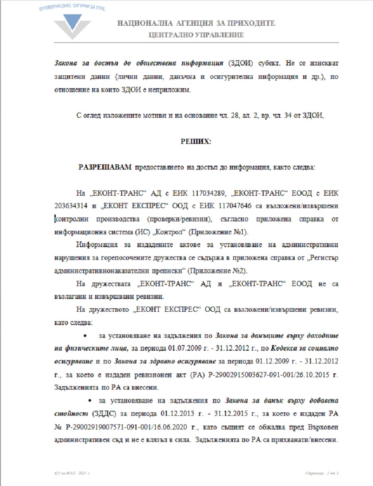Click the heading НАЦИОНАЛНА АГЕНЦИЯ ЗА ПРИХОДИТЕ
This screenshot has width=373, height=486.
click(x=196, y=24)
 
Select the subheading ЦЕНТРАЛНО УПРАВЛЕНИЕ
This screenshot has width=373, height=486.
click(x=196, y=35)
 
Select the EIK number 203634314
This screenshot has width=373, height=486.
click(x=71, y=206)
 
